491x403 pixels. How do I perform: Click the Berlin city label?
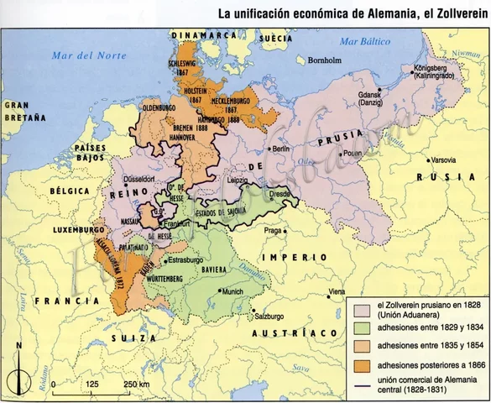(x=280, y=149)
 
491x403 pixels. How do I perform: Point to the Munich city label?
(x=234, y=291)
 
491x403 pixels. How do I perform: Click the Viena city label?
(x=337, y=291)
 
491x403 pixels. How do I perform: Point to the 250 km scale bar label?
(x=137, y=384)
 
